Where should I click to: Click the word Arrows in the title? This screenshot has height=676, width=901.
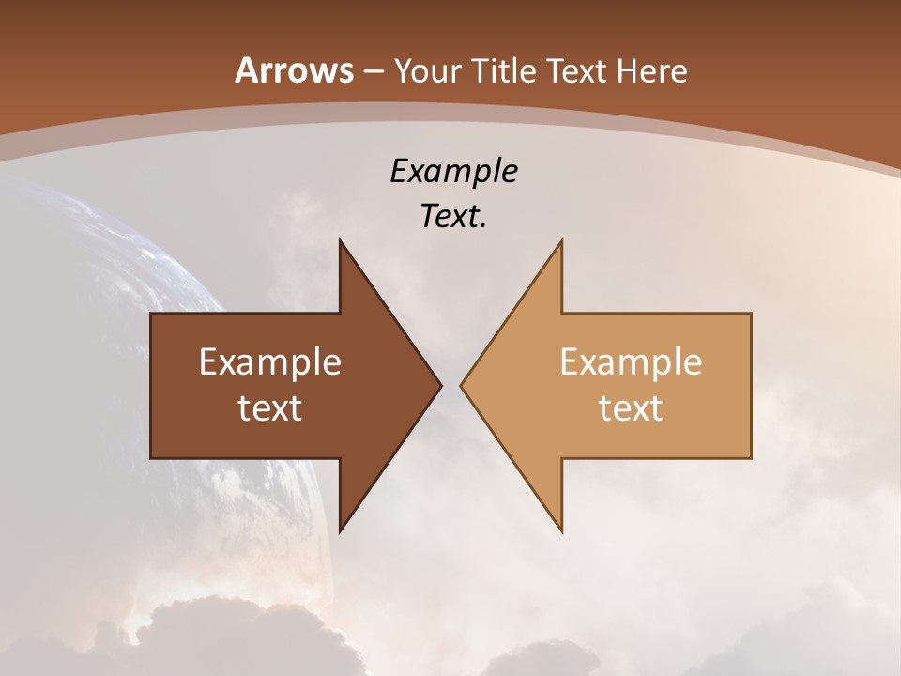coord(294,70)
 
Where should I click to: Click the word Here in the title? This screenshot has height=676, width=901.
coord(651,70)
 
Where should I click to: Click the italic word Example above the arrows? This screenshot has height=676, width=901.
coord(453,172)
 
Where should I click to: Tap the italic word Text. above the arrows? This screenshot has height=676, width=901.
coord(453,217)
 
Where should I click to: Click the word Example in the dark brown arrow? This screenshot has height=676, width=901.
coord(270,362)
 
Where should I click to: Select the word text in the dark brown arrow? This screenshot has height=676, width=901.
coord(270,408)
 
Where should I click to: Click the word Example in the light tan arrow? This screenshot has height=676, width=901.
coord(631,362)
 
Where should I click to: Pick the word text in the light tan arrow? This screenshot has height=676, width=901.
coord(631,408)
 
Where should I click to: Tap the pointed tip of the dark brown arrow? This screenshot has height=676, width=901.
coord(437,385)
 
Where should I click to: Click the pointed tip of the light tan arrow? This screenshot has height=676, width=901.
coord(465,385)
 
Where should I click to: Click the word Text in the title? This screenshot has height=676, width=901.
coord(576,70)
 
